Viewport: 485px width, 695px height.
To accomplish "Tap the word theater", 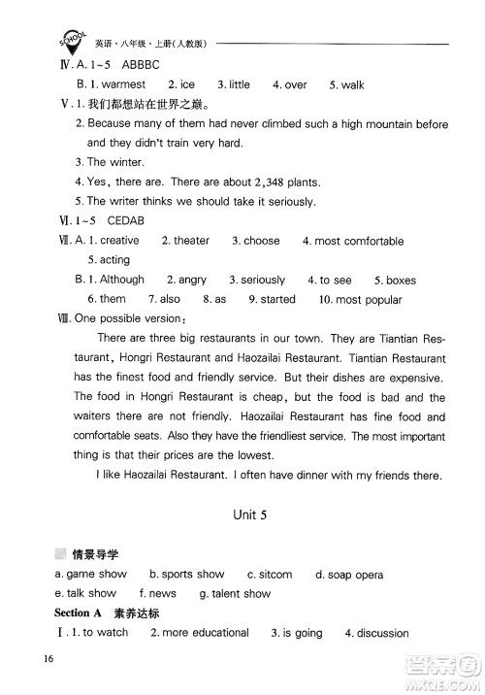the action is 191,241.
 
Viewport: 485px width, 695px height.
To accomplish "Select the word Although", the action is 120,280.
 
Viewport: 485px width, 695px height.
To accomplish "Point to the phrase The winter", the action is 115,163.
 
